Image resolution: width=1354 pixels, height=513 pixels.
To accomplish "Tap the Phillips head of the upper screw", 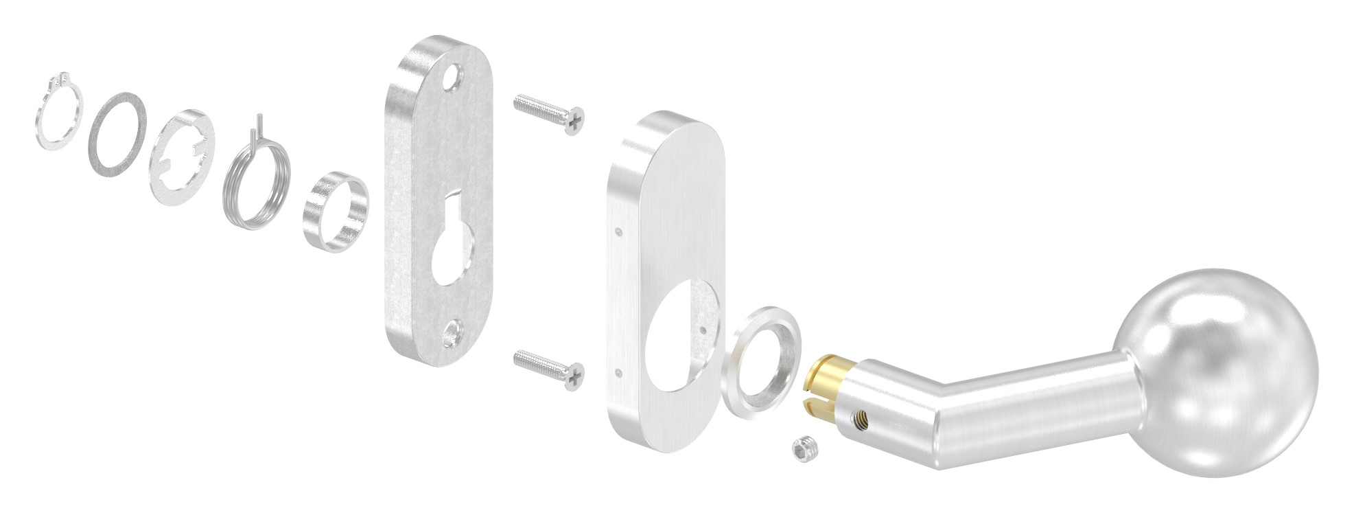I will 574,121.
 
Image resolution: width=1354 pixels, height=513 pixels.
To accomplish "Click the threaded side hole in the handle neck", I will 859,414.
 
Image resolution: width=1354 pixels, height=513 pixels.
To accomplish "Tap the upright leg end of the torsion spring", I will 260,126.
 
